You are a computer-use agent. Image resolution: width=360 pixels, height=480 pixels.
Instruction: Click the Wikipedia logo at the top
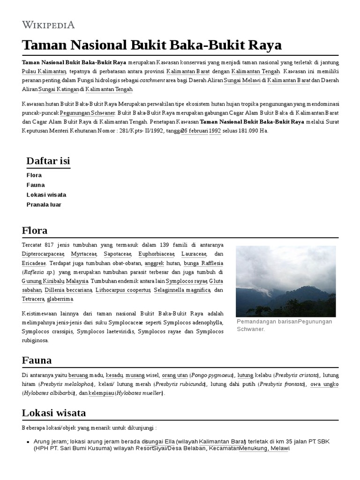[48, 25]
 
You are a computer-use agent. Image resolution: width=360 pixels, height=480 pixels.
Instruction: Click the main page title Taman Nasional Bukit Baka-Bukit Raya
[152, 45]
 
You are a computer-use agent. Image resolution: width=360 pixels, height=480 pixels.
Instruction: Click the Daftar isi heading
[48, 161]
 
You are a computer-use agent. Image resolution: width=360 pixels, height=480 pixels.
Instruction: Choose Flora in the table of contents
[34, 175]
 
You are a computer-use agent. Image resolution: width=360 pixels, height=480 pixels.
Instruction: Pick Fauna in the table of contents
[36, 185]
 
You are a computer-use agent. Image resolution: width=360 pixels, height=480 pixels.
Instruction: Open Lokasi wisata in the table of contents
[46, 195]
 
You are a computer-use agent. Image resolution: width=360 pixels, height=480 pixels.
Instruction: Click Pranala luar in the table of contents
[44, 204]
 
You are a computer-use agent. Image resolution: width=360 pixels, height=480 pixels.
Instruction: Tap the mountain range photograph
[285, 281]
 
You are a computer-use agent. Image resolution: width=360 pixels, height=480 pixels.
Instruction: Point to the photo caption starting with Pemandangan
[284, 325]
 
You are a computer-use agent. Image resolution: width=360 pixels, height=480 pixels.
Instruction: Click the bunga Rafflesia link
[203, 263]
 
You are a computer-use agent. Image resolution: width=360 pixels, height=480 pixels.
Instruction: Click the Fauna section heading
[37, 360]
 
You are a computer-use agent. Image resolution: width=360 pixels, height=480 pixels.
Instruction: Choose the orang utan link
[175, 375]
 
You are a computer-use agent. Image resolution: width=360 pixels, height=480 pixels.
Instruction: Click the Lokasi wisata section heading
[53, 413]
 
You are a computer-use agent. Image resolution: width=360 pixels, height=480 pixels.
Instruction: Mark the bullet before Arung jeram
[29, 442]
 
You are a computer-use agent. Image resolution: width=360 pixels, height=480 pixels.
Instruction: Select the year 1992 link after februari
[215, 131]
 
